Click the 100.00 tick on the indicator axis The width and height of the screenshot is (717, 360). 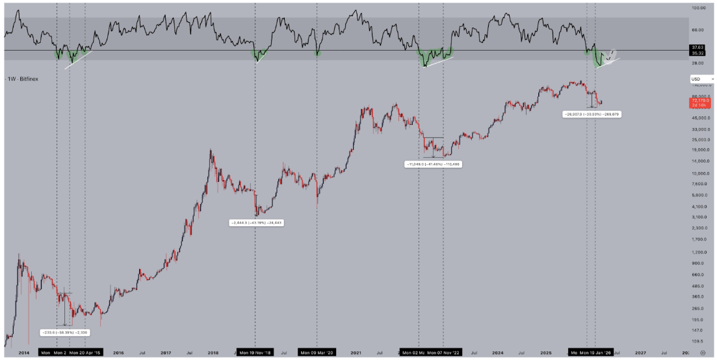coord(699,8)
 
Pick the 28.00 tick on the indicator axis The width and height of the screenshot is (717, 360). coord(698,64)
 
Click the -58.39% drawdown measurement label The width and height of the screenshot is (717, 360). coord(64,332)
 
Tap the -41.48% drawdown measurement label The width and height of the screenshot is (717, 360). coord(433,164)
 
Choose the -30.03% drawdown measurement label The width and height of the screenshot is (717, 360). coord(586,114)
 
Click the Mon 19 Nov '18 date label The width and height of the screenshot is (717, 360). coord(255,353)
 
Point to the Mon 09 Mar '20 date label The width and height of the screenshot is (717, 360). coord(317,353)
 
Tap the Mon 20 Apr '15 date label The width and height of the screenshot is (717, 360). coord(85,353)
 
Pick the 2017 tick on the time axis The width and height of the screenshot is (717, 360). coord(165,353)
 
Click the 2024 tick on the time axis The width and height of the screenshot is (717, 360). coord(497,353)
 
